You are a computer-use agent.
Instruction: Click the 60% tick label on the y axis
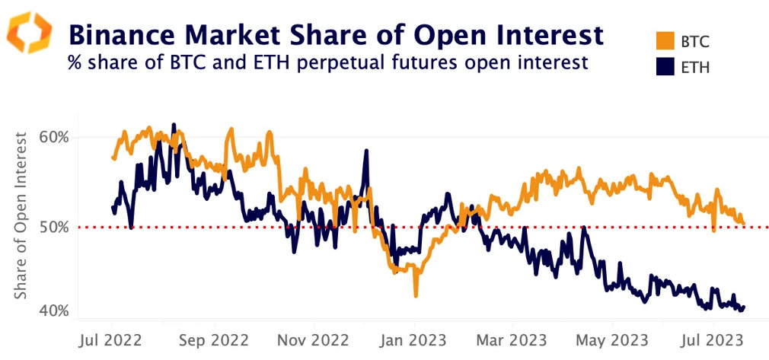pyautogui.click(x=54, y=138)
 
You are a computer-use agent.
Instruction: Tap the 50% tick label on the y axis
pyautogui.click(x=54, y=227)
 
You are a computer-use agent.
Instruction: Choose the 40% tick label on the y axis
pyautogui.click(x=54, y=311)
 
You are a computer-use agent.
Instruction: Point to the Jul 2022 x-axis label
pyautogui.click(x=112, y=339)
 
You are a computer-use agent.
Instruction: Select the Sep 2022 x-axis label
pyautogui.click(x=213, y=339)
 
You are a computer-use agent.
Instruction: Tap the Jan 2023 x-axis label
pyautogui.click(x=414, y=339)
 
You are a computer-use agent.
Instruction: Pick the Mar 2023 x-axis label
pyautogui.click(x=512, y=339)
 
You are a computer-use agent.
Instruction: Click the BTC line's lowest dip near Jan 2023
pyautogui.click(x=416, y=295)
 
